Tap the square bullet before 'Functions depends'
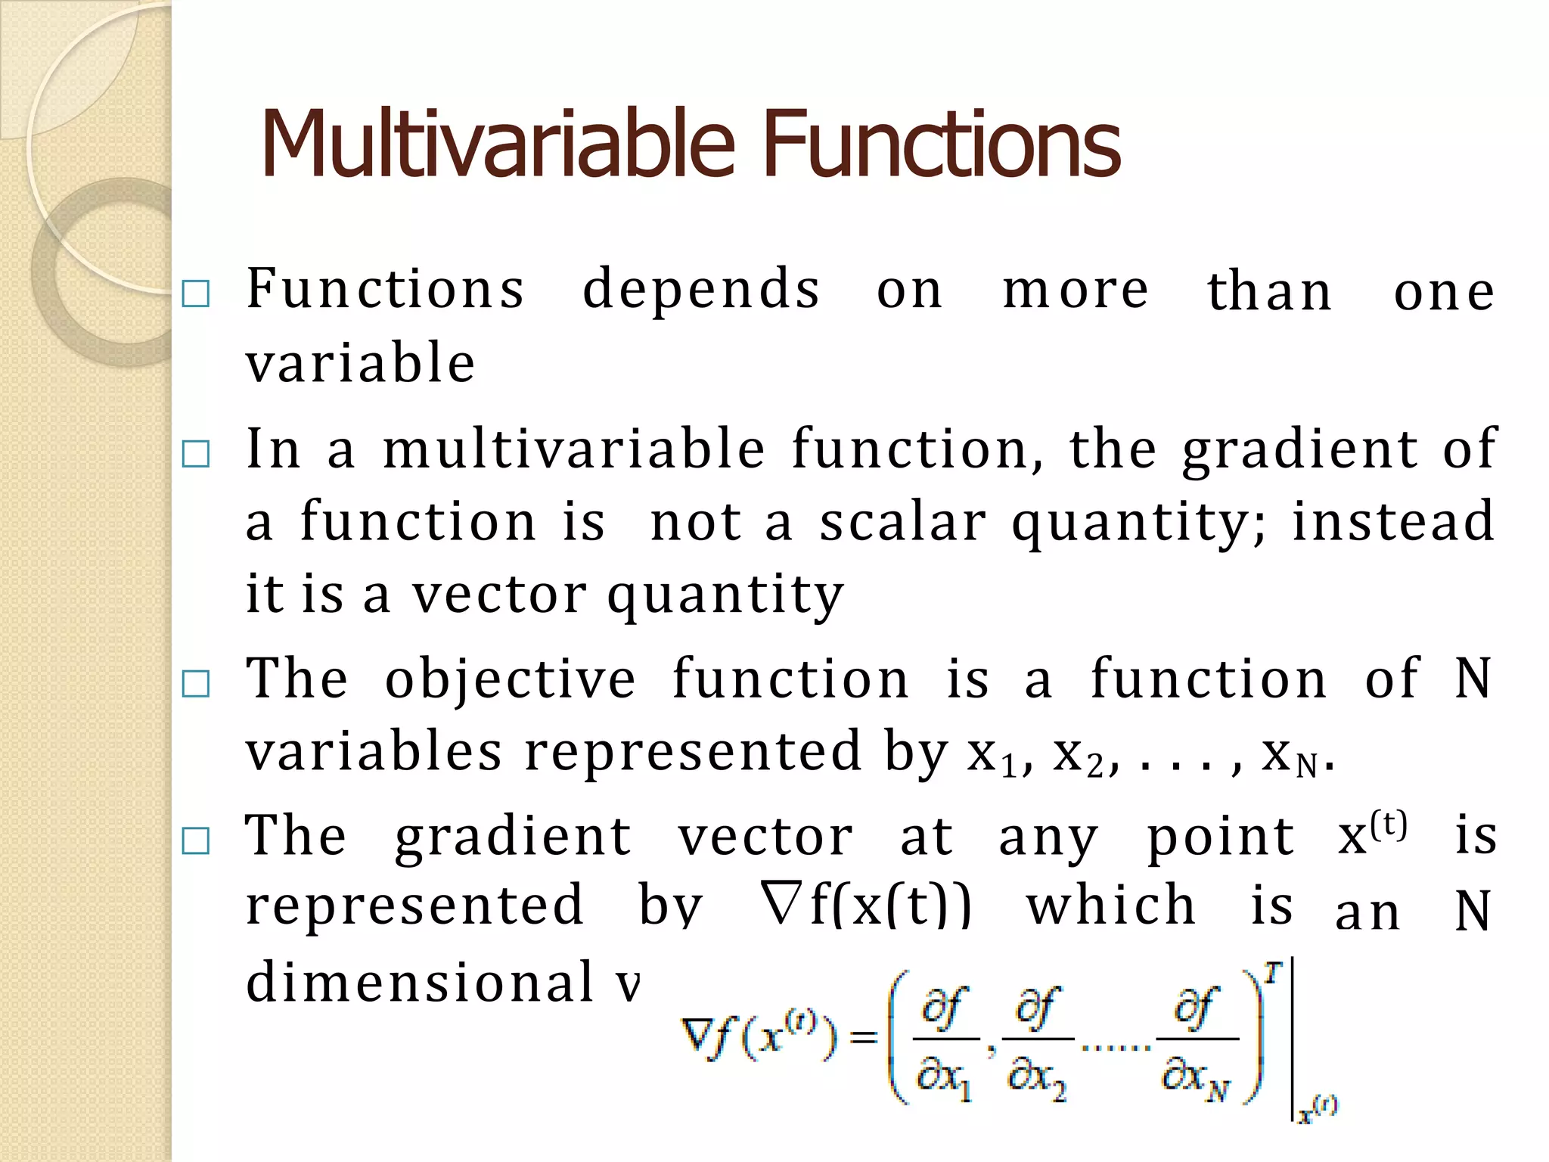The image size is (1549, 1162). coord(196,294)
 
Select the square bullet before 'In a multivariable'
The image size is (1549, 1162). coord(196,455)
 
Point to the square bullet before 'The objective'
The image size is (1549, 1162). coord(196,684)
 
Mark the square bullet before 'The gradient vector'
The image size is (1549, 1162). coord(196,840)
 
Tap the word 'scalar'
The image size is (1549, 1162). coord(903,522)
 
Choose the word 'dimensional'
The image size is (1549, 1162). coord(421,982)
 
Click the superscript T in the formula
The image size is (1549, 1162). coord(1274,973)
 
